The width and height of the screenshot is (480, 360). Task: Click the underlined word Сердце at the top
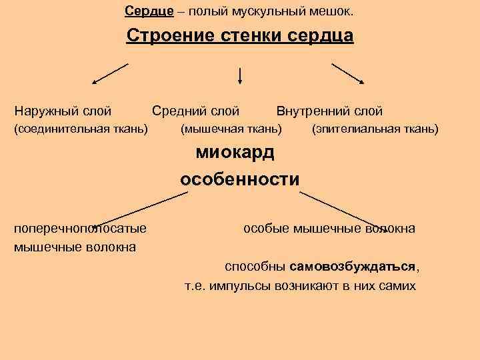(x=149, y=11)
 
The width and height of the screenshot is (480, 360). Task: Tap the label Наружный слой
(x=63, y=111)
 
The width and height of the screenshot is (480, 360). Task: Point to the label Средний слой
(x=195, y=111)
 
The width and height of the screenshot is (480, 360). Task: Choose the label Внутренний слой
(x=329, y=111)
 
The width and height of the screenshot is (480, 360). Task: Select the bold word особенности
(x=239, y=180)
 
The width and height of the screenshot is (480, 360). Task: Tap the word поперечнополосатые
(x=81, y=229)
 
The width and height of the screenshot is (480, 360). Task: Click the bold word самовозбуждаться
(x=353, y=266)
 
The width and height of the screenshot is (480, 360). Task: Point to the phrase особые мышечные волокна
(x=329, y=229)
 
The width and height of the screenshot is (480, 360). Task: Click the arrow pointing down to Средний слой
(x=239, y=75)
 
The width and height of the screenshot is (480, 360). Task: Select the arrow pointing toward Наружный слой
(x=109, y=73)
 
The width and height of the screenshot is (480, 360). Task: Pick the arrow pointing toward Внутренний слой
(x=348, y=73)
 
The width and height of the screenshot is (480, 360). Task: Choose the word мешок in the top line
(x=337, y=11)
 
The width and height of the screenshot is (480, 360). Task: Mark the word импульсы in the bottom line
(x=236, y=286)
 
